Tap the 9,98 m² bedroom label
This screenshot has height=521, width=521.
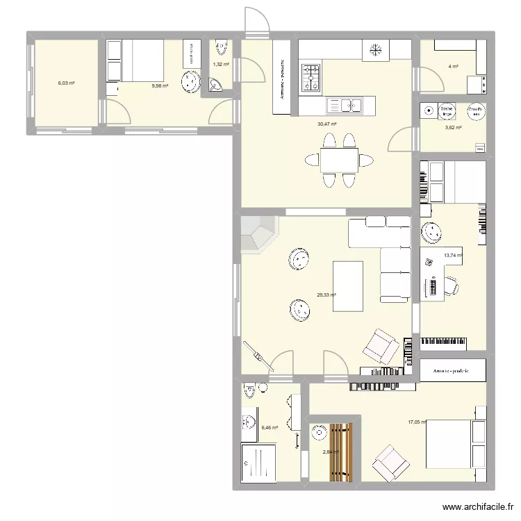160,86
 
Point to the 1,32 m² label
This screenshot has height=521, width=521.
221,65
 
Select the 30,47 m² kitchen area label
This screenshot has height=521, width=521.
326,124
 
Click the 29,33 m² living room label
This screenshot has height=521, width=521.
326,295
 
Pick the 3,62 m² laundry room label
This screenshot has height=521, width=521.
453,128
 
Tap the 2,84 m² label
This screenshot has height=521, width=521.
331,452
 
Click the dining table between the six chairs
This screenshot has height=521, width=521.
340,160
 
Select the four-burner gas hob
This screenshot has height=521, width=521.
310,78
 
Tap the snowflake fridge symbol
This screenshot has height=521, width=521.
376,50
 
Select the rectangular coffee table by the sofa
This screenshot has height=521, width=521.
349,286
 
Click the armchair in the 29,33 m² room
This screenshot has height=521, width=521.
378,346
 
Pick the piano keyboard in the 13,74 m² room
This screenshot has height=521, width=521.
453,343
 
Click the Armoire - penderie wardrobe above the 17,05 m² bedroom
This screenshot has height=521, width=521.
452,371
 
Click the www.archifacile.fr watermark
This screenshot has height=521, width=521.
477,508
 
